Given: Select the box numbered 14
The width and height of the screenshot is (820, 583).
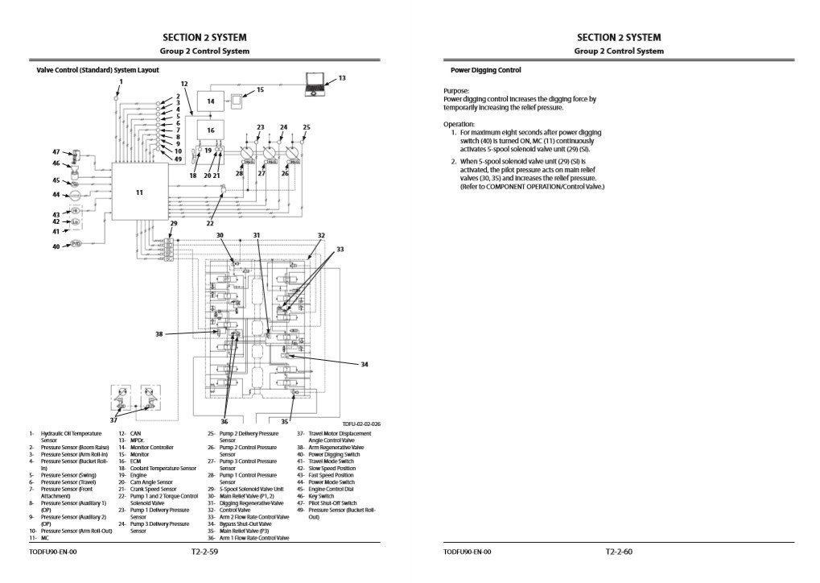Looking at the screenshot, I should pyautogui.click(x=211, y=102).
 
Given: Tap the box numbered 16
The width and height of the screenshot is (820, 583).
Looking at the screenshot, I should pyautogui.click(x=211, y=130).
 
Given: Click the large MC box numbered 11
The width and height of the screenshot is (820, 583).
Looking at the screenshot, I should pyautogui.click(x=139, y=192).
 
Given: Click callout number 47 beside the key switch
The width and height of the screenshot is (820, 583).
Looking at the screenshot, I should pyautogui.click(x=56, y=151).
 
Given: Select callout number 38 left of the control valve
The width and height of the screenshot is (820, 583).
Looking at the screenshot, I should pyautogui.click(x=159, y=333).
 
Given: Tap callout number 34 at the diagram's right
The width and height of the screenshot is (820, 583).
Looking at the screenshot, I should pyautogui.click(x=364, y=365).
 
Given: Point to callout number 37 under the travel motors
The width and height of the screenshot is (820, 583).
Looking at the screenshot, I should pyautogui.click(x=113, y=420).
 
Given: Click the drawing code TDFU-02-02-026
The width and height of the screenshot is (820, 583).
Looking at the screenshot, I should pyautogui.click(x=361, y=424).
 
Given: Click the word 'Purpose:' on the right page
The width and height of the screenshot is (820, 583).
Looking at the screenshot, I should pyautogui.click(x=456, y=91).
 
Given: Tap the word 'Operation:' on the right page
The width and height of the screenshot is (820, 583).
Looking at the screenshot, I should pyautogui.click(x=459, y=124).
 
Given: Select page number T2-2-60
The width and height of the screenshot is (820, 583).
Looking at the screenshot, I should pyautogui.click(x=620, y=552).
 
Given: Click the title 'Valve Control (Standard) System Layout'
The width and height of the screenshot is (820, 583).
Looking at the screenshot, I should pyautogui.click(x=98, y=70).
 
